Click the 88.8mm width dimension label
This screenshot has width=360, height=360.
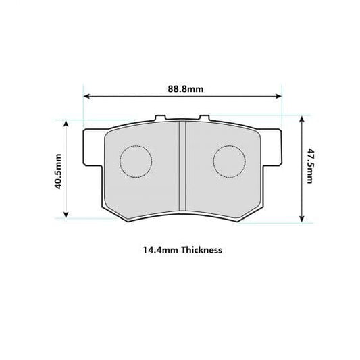coord(182,88)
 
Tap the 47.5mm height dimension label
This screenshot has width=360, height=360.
coord(309,167)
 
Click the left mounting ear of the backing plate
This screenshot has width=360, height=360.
coord(87,146)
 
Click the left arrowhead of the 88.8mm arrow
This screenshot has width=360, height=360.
coord(86,97)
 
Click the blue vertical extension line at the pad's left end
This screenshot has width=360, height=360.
coord(82,108)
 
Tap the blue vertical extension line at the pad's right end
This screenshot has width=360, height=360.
coord(281,108)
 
